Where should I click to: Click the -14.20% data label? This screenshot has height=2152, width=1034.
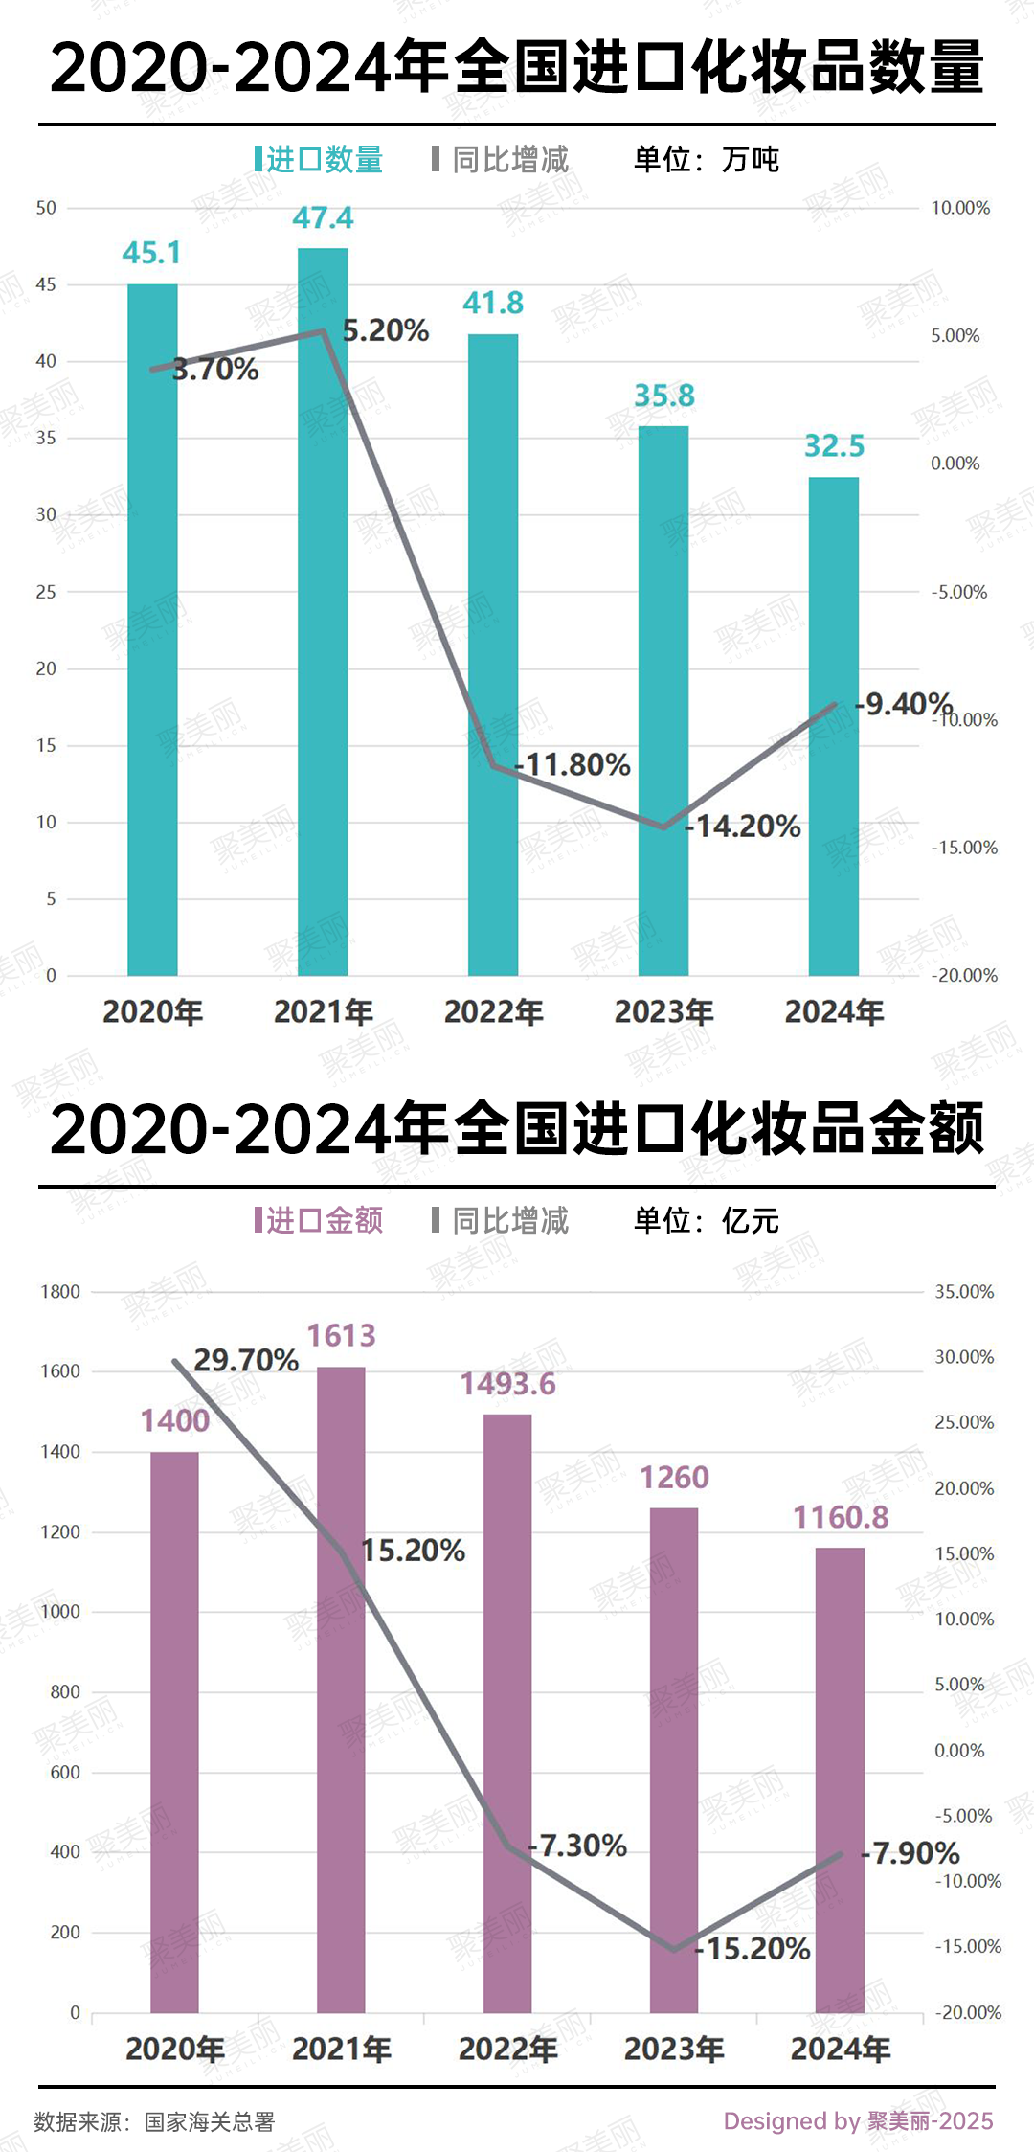[743, 826]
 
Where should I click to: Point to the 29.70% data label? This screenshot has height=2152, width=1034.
[246, 1360]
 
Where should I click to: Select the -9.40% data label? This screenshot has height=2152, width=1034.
[904, 705]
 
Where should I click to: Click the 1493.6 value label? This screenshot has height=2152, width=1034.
[507, 1384]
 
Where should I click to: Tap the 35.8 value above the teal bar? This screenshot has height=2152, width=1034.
[663, 396]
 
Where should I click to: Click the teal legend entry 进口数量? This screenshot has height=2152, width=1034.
[320, 159]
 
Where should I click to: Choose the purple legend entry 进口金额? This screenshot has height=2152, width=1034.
[320, 1220]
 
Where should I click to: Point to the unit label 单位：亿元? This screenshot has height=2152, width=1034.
[707, 1220]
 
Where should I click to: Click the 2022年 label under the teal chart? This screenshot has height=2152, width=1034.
[493, 1011]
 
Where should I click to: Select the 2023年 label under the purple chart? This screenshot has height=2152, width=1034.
[674, 2049]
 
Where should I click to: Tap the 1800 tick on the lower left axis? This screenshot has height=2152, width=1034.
[59, 1292]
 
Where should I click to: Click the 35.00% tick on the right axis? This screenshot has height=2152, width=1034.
[964, 1292]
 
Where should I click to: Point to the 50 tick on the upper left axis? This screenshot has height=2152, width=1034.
[46, 208]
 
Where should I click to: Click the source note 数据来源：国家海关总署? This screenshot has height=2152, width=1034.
[155, 2121]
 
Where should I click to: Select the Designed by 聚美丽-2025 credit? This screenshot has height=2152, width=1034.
[858, 2120]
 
